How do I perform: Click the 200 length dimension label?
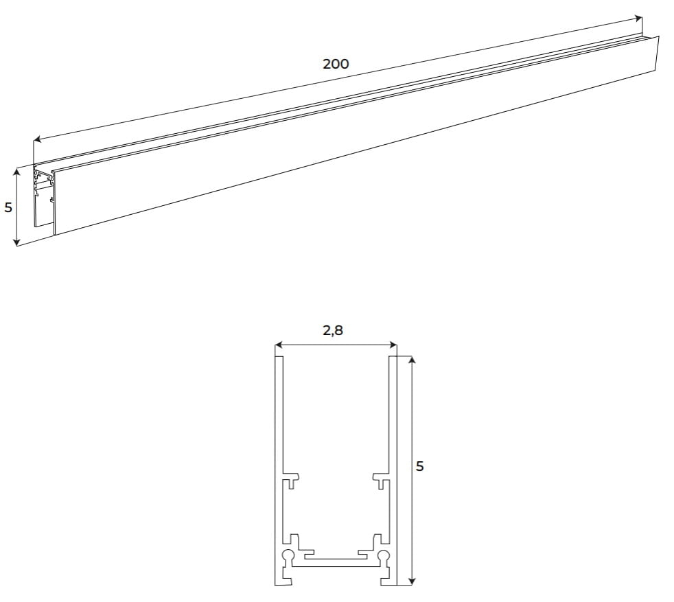[336, 64]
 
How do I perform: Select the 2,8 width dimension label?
[333, 330]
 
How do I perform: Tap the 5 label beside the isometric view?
[8, 207]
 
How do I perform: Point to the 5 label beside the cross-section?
[420, 467]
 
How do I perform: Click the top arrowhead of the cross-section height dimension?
[410, 359]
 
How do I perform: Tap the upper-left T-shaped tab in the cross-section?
[292, 478]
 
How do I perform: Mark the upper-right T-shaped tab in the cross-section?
[380, 478]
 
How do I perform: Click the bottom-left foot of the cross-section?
[284, 580]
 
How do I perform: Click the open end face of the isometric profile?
[44, 196]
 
